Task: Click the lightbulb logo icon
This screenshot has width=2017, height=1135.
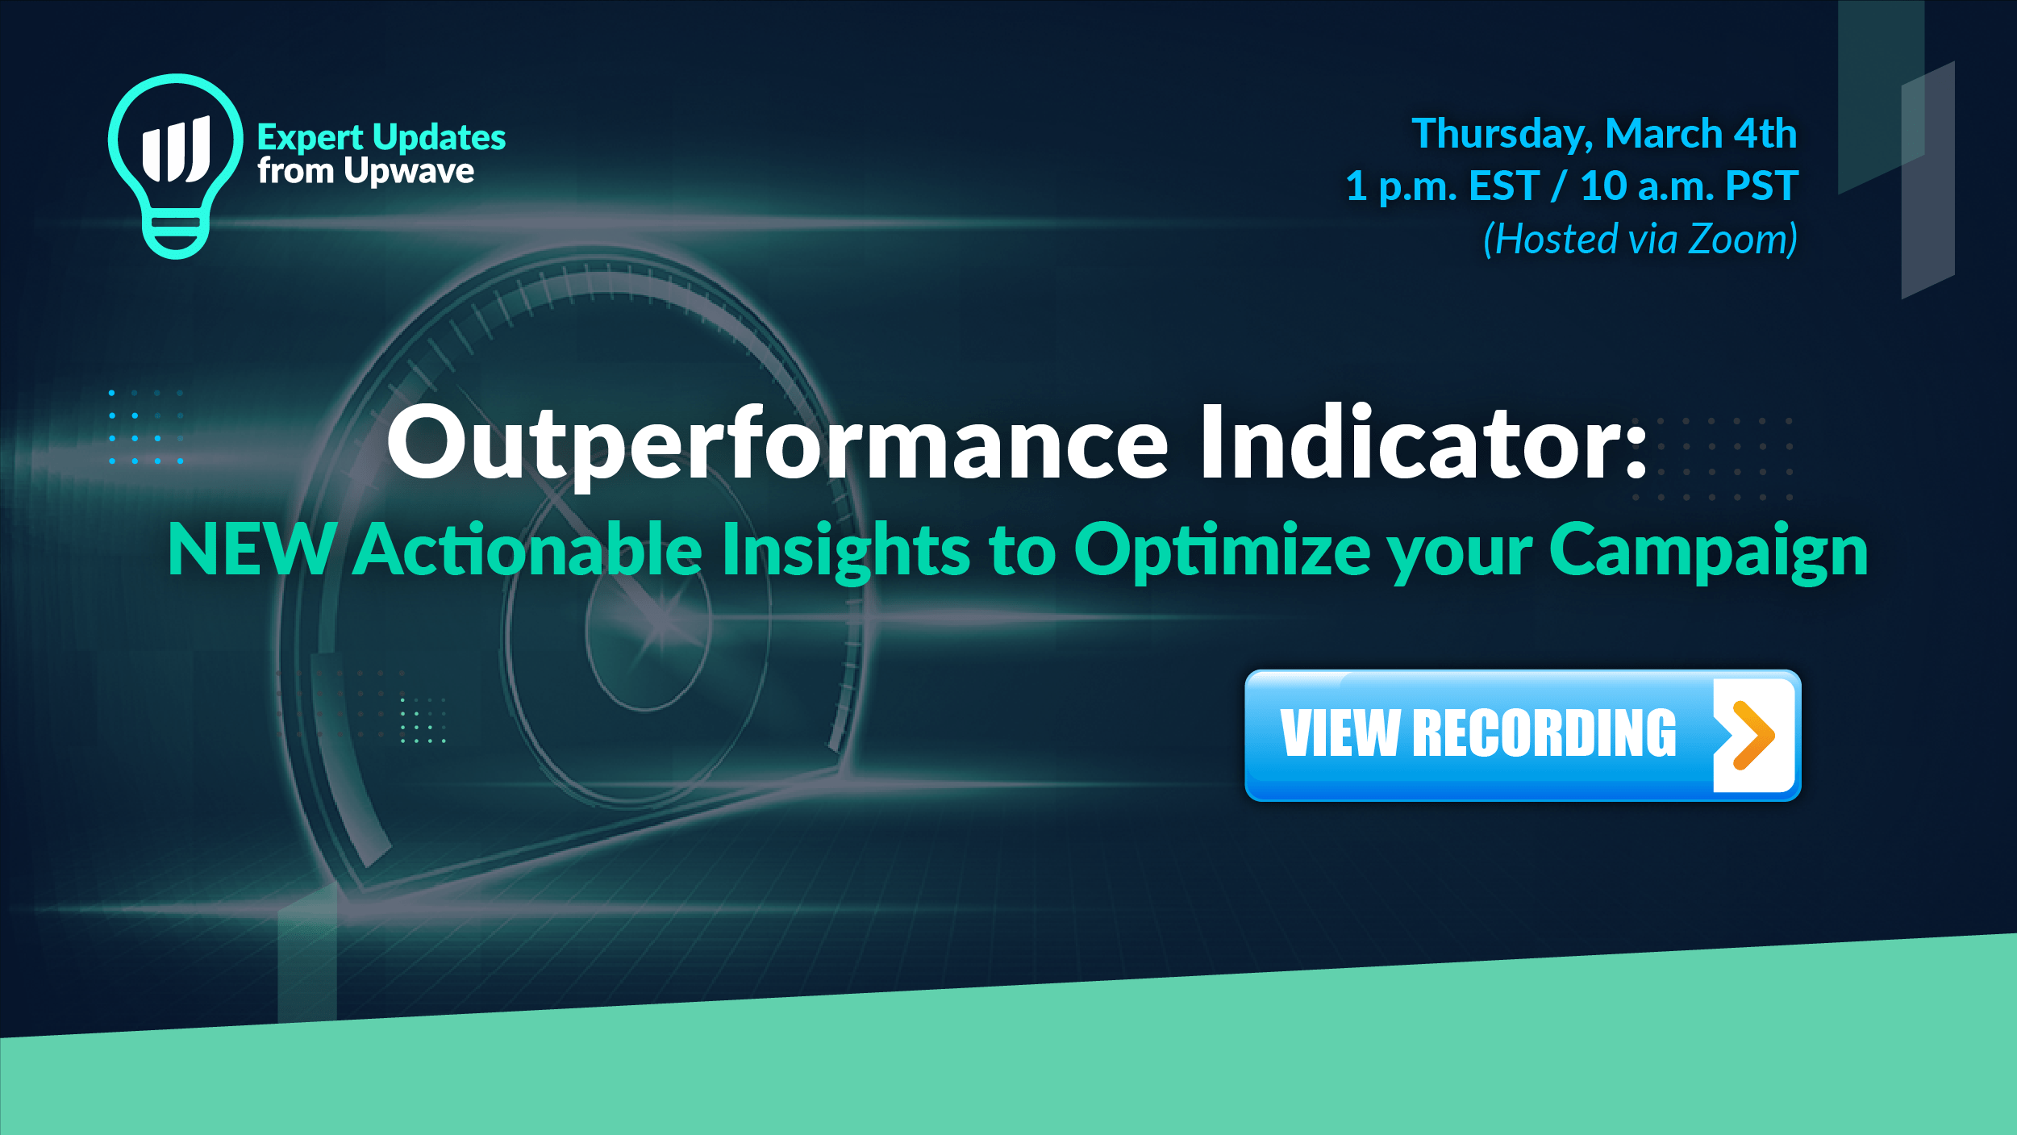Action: click(176, 166)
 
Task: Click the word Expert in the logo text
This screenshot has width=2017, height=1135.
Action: click(310, 138)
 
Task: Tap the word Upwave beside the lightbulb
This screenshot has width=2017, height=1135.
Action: click(409, 172)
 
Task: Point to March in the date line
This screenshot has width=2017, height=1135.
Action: click(1664, 133)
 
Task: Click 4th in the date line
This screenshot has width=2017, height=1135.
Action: click(1766, 133)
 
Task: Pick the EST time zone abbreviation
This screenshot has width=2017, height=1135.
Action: click(1504, 186)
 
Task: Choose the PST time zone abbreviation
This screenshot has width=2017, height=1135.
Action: click(1762, 186)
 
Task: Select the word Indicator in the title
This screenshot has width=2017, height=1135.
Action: click(1411, 442)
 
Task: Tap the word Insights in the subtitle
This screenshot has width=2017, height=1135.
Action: click(846, 552)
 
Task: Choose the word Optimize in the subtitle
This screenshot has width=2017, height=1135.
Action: click(1222, 552)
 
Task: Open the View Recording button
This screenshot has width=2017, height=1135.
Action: click(1523, 735)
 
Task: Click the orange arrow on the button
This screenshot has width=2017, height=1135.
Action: click(1752, 735)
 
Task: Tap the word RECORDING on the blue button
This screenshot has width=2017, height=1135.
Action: click(1544, 733)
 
